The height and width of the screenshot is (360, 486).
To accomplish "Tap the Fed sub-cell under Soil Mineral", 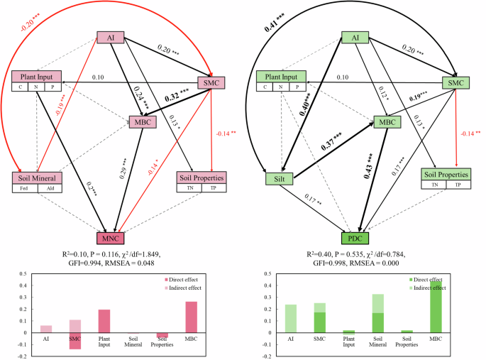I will (26, 188).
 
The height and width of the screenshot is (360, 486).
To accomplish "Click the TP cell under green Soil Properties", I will (458, 184).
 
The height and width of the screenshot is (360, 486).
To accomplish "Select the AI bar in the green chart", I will (290, 319).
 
